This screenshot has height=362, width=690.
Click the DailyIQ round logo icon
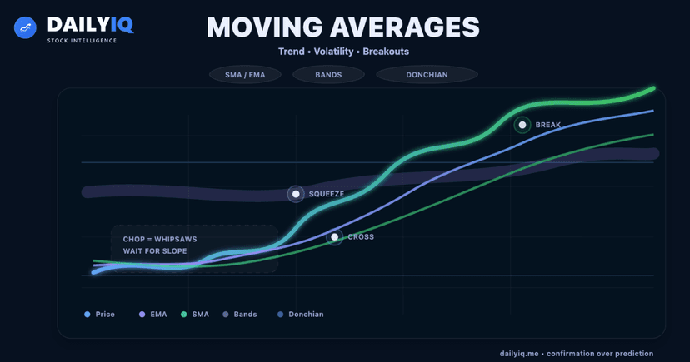coord(26,27)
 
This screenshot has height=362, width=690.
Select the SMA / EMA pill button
coord(245,75)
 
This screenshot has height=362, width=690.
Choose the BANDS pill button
coord(328,75)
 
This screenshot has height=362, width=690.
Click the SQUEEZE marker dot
coord(296,194)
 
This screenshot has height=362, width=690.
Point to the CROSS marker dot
coord(334,237)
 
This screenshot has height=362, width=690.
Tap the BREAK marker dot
coord(522,125)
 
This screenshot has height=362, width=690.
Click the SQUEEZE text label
coord(326,194)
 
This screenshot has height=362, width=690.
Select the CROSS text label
coord(360,237)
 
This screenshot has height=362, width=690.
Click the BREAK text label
coord(548,125)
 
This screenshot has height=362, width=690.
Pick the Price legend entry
coord(99,315)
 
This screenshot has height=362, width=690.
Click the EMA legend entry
coord(152,315)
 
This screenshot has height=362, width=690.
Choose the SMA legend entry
coord(194,315)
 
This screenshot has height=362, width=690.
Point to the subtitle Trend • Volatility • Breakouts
coord(344,52)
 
